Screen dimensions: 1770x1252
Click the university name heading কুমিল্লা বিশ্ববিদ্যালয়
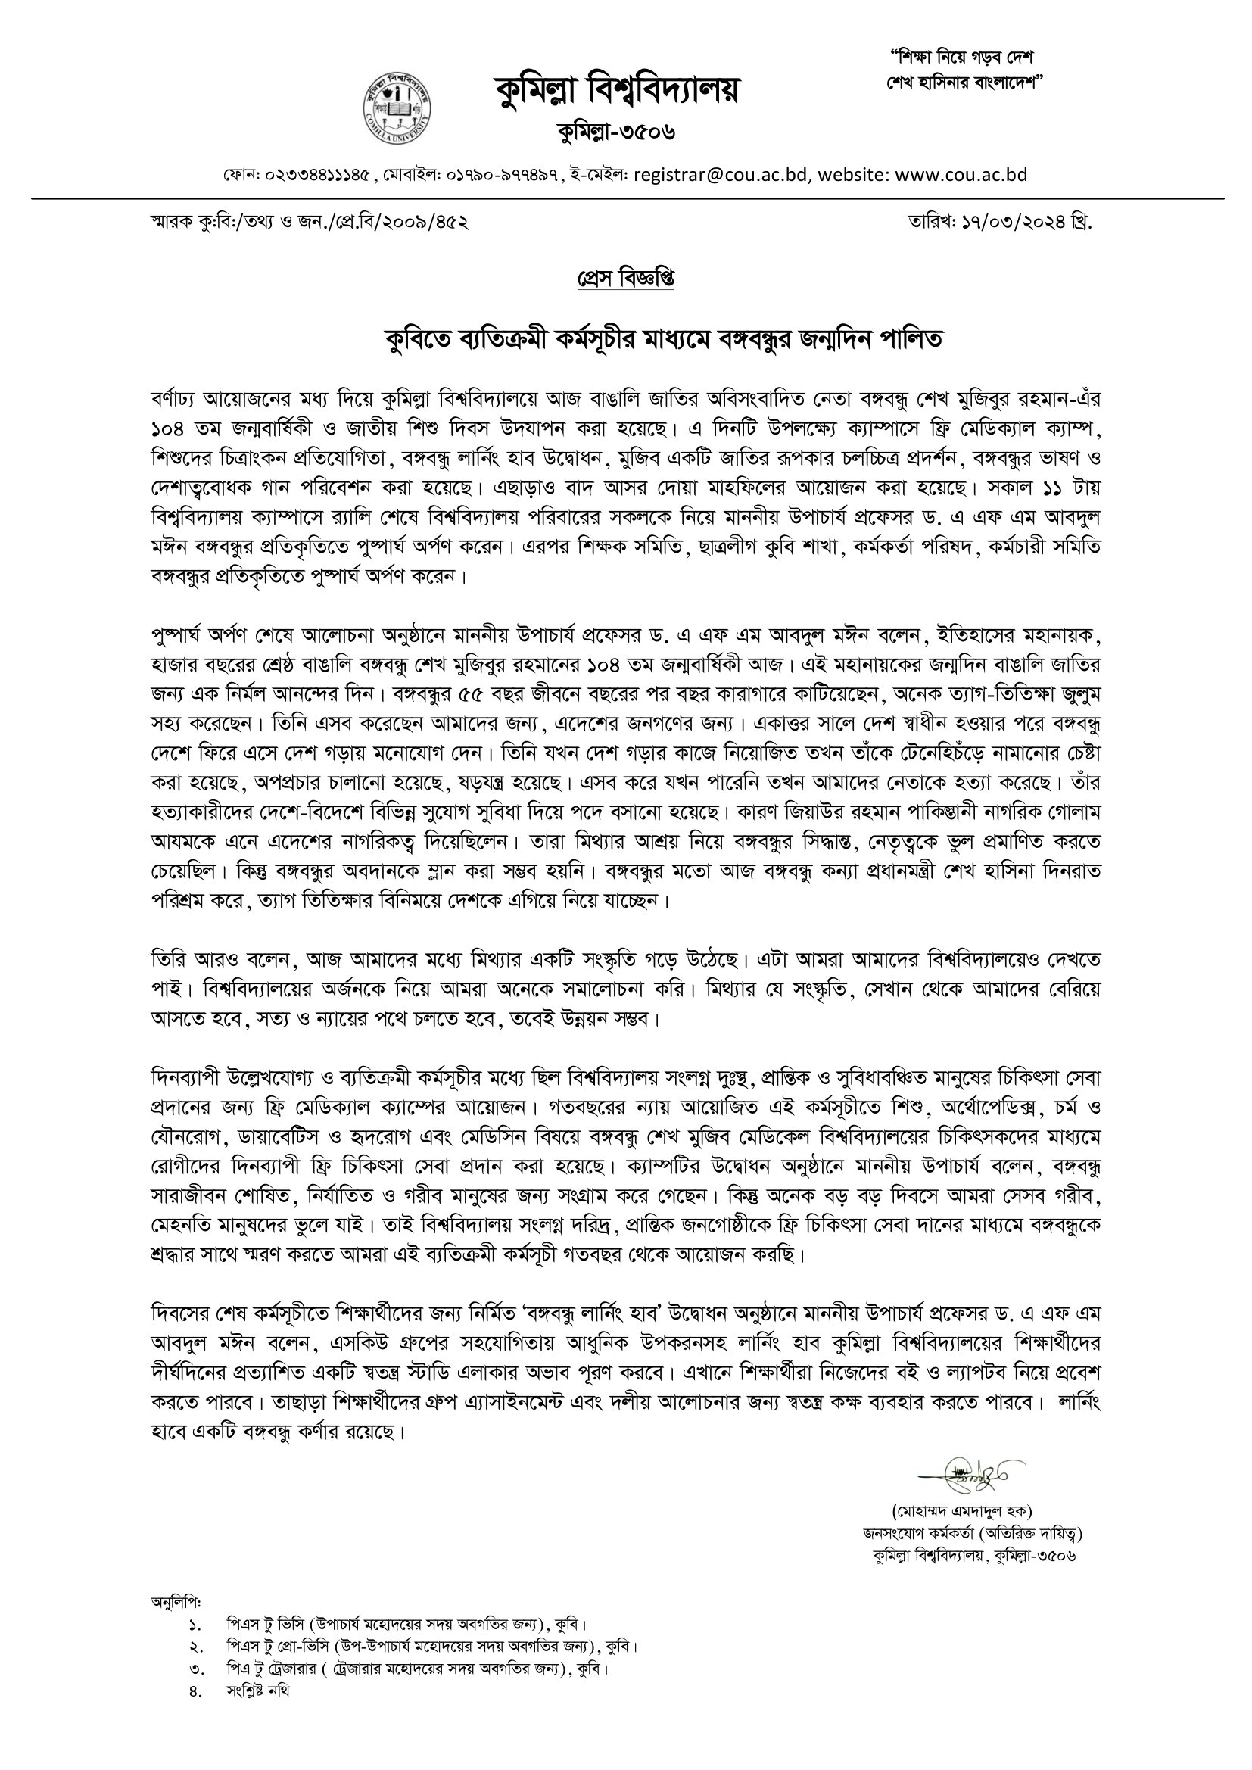click(617, 90)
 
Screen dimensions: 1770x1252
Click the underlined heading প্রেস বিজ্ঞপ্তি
click(626, 279)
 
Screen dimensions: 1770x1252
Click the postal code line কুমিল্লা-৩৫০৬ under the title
click(617, 132)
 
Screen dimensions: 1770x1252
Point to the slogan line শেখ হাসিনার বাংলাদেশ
click(964, 82)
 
